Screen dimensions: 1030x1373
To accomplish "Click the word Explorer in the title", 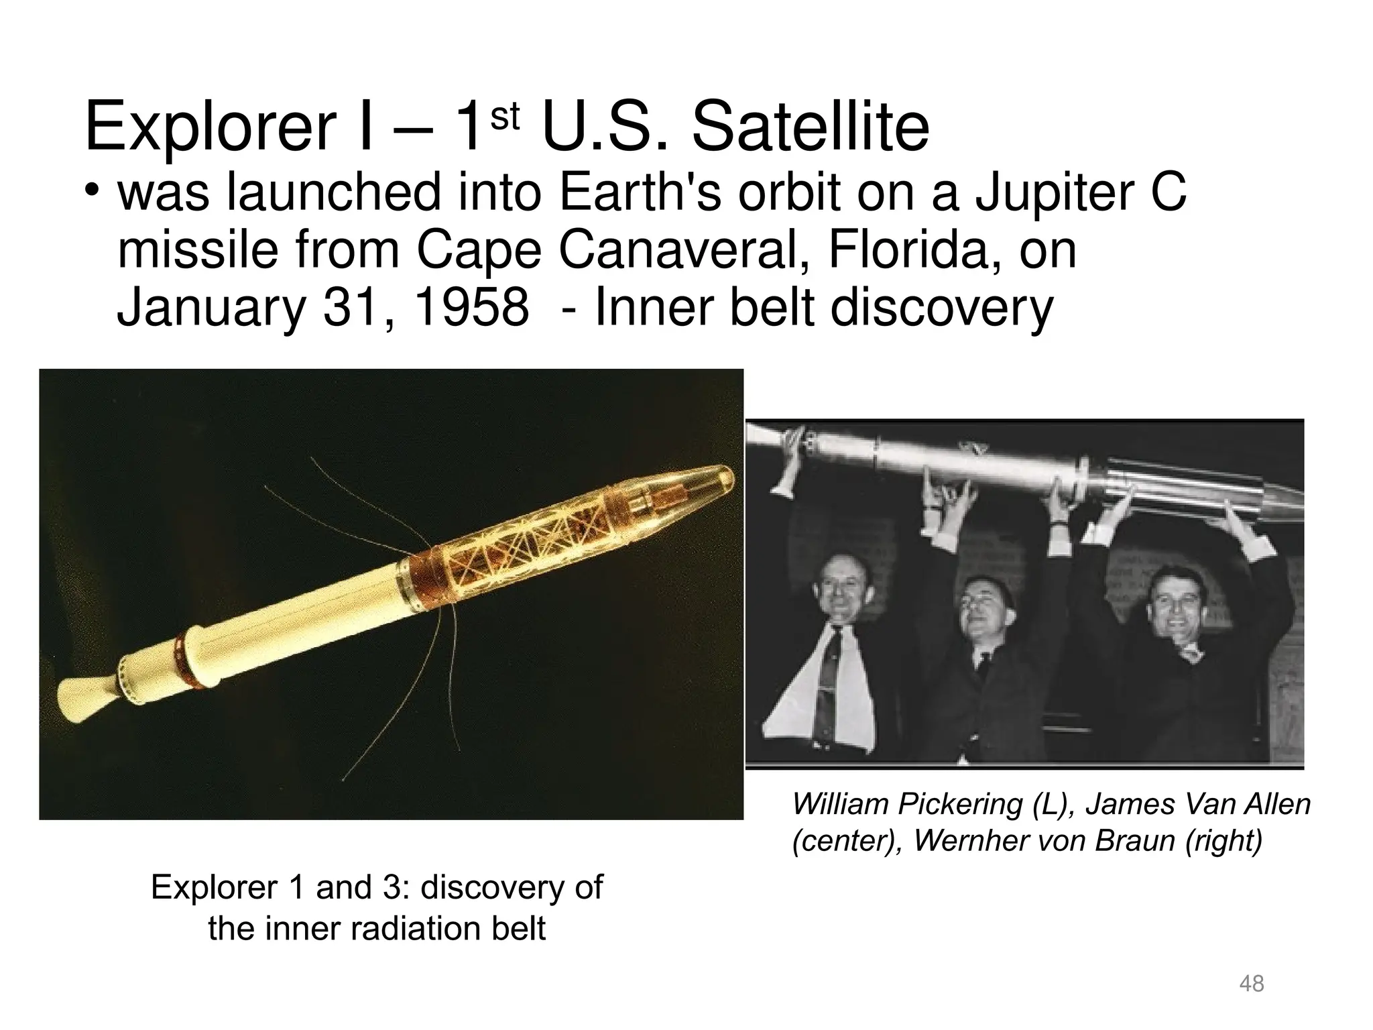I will point(208,127).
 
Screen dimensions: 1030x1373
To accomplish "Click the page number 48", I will point(1252,984).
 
